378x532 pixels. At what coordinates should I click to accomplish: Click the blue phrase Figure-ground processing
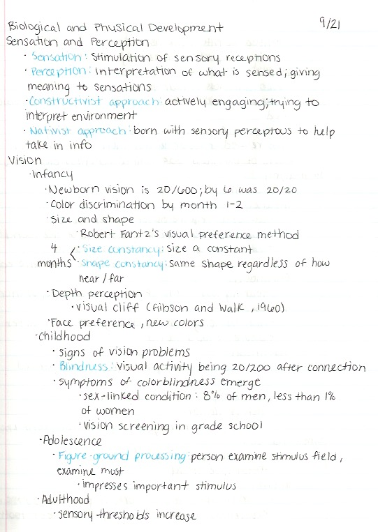pos(124,456)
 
